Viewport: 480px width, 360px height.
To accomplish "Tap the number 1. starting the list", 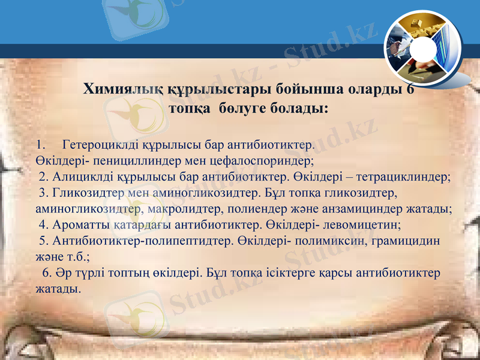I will (x=41, y=145).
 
